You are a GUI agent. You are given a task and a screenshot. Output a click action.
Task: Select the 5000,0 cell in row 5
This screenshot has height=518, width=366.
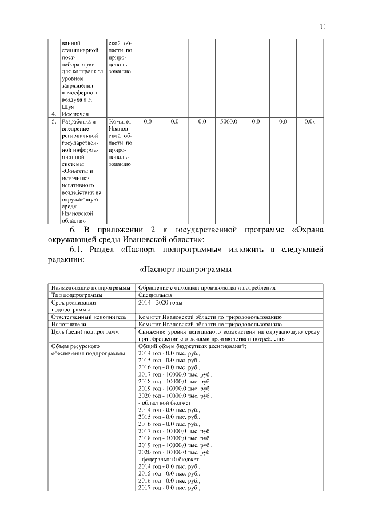click(229, 122)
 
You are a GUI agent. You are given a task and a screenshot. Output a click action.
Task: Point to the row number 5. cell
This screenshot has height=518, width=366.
click(53, 122)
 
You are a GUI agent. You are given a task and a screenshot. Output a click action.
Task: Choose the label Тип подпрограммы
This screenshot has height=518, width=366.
click(77, 294)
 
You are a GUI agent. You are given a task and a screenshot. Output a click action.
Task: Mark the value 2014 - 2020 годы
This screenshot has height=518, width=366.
click(161, 302)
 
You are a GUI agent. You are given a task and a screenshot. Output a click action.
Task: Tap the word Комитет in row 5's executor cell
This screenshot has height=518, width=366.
click(120, 122)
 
